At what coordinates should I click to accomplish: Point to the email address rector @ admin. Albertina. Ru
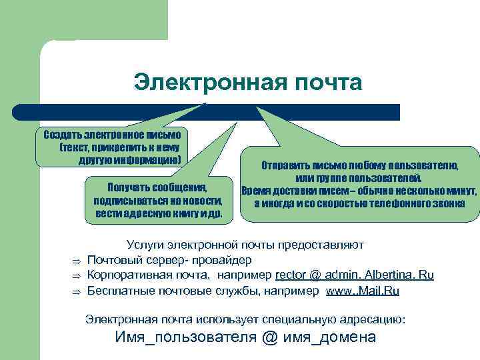pyautogui.click(x=354, y=275)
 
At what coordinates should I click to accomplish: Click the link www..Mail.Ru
pyautogui.click(x=367, y=291)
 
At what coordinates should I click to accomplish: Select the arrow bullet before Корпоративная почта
pyautogui.click(x=77, y=276)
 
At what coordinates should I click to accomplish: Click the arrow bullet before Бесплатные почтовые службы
pyautogui.click(x=77, y=292)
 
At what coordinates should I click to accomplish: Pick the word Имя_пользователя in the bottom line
pyautogui.click(x=186, y=337)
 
